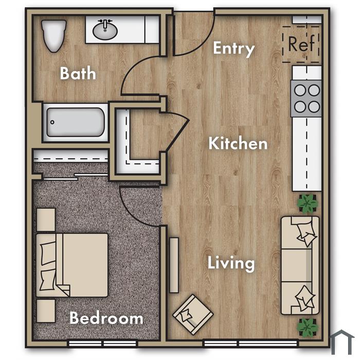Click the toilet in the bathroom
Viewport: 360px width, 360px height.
pos(53,35)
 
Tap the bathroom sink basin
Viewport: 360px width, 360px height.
pos(105,30)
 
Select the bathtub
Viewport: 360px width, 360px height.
pos(76,122)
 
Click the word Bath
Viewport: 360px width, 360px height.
pos(78,73)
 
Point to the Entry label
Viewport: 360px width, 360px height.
pos(233,49)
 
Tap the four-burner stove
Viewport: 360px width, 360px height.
pos(307,98)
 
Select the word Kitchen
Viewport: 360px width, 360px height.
pos(238,143)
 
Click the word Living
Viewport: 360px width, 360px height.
pos(231,263)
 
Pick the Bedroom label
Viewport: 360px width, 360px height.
pos(106,318)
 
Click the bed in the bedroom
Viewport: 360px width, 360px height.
pos(72,265)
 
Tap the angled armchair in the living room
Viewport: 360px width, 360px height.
pos(193,315)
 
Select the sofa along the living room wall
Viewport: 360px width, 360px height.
pos(300,265)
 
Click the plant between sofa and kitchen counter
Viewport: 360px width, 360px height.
pos(308,203)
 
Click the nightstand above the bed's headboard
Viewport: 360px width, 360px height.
pos(46,220)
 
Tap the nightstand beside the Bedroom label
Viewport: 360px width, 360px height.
pos(46,311)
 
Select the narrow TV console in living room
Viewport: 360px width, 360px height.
pos(174,265)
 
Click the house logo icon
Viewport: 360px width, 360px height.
pos(342,342)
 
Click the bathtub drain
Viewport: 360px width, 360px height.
pos(52,122)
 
